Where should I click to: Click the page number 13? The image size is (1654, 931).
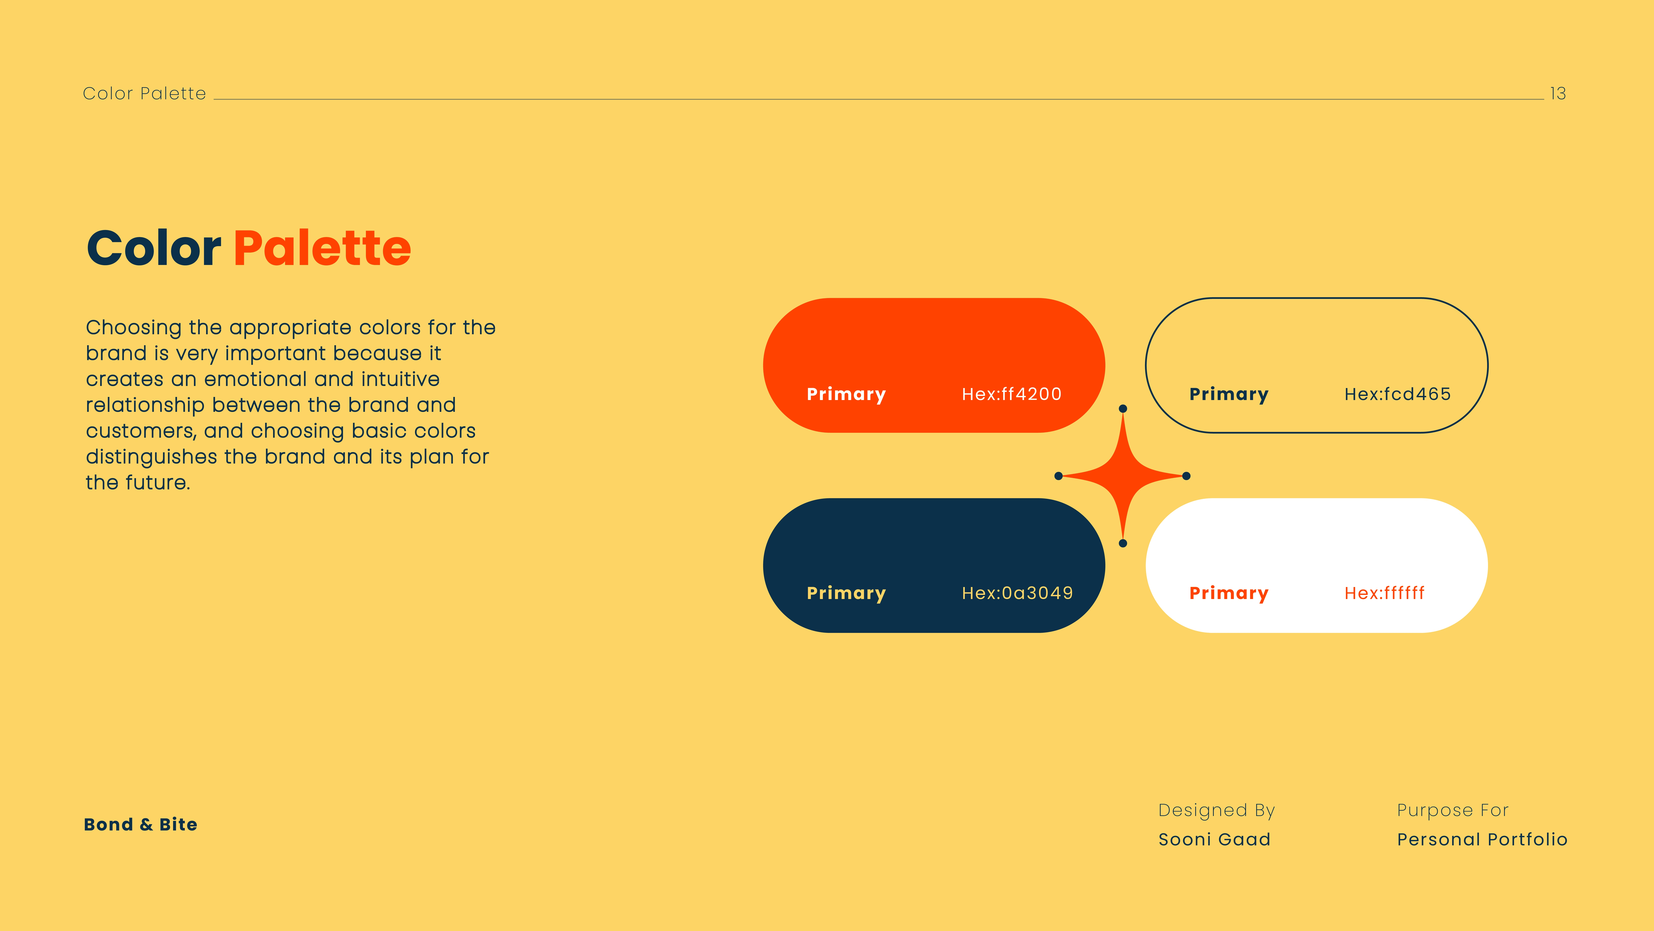pos(1558,94)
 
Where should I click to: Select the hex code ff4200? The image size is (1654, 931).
pos(1011,394)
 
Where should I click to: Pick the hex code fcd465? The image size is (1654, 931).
pos(1397,394)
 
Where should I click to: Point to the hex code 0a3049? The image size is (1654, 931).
pos(1017,593)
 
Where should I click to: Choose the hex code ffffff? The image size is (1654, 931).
pos(1384,593)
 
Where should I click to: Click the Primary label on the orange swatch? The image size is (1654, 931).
pos(846,394)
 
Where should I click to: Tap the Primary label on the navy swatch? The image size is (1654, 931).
pos(846,594)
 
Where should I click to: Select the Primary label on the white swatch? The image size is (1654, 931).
pos(1229,594)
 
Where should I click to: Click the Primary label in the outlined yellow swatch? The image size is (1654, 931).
pos(1229,394)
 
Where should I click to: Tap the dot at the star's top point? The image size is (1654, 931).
pos(1123,409)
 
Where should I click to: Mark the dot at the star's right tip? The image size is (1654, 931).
pos(1187,476)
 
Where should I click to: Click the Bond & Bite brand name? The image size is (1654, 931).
pos(141,824)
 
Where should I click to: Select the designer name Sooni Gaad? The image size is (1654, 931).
pos(1214,840)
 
